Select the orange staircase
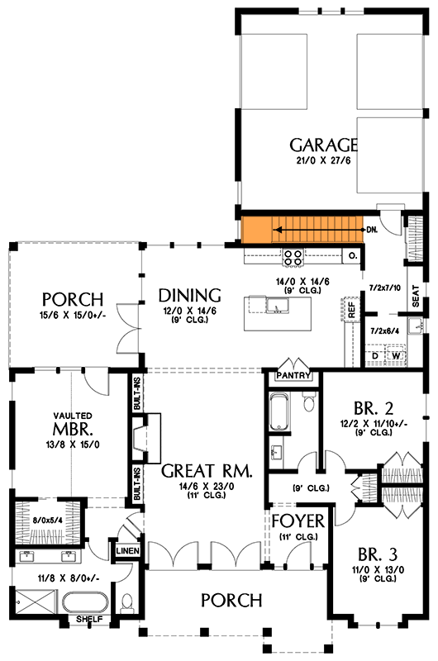click(x=301, y=229)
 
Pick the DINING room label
click(x=190, y=295)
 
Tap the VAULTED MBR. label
click(x=73, y=425)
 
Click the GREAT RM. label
click(x=206, y=471)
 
